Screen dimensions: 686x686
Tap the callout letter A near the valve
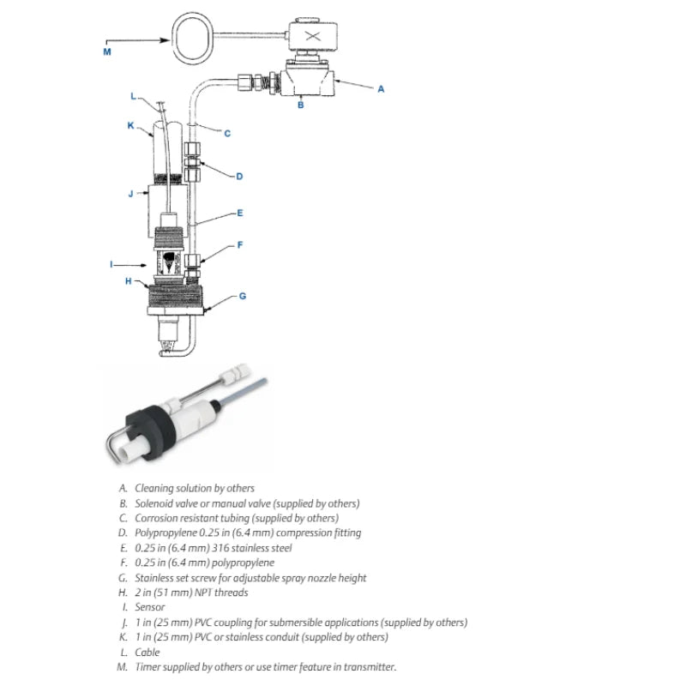[381, 88]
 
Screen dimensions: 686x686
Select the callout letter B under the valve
[300, 105]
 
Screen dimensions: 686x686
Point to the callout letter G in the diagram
[243, 296]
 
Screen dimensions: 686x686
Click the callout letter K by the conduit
[131, 125]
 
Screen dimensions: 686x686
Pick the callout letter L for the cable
[133, 95]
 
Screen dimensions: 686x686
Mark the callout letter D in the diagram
[239, 177]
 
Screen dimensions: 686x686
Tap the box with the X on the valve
[312, 36]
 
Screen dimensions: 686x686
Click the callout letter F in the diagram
[240, 244]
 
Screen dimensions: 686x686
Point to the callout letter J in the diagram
[130, 194]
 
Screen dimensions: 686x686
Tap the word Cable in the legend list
[147, 653]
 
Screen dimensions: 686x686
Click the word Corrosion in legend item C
[156, 518]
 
